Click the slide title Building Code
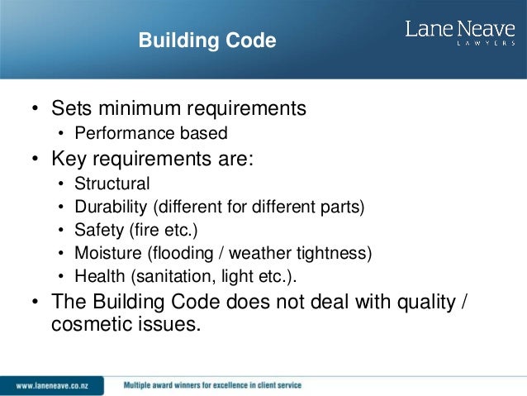[x=207, y=40]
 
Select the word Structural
[x=112, y=184]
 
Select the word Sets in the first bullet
[x=71, y=108]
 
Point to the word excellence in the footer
[x=222, y=385]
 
